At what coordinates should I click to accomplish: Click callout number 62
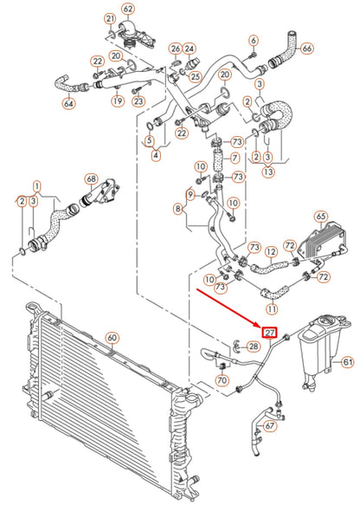(128, 10)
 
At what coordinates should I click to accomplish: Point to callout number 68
(90, 180)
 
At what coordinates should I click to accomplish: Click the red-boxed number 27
(270, 333)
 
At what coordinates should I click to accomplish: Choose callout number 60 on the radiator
(112, 337)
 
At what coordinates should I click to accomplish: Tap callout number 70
(222, 379)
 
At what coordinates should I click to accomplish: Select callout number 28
(253, 346)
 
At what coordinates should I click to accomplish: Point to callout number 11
(272, 308)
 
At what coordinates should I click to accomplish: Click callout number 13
(268, 172)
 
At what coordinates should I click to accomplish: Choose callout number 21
(109, 18)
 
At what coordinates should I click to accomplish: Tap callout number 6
(253, 40)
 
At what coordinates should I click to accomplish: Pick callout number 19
(115, 101)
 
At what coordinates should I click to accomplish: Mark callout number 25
(195, 77)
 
